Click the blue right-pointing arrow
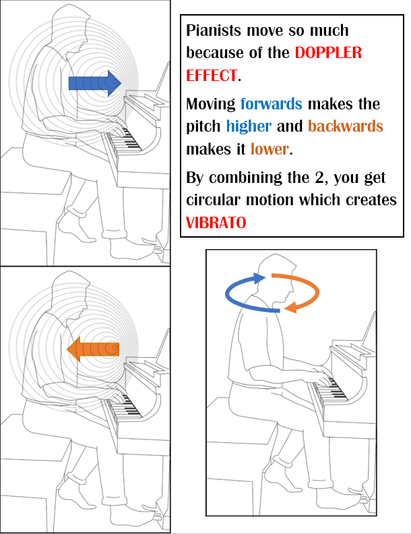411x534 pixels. pyautogui.click(x=94, y=83)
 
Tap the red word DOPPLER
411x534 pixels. pyautogui.click(x=328, y=52)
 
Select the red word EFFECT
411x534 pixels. pyautogui.click(x=212, y=74)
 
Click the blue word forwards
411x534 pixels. pyautogui.click(x=271, y=105)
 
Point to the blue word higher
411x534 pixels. pyautogui.click(x=249, y=126)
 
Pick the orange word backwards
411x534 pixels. pyautogui.click(x=345, y=126)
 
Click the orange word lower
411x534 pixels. pyautogui.click(x=270, y=148)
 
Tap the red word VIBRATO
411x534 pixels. pyautogui.click(x=216, y=222)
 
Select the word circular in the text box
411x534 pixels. pyautogui.click(x=212, y=201)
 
